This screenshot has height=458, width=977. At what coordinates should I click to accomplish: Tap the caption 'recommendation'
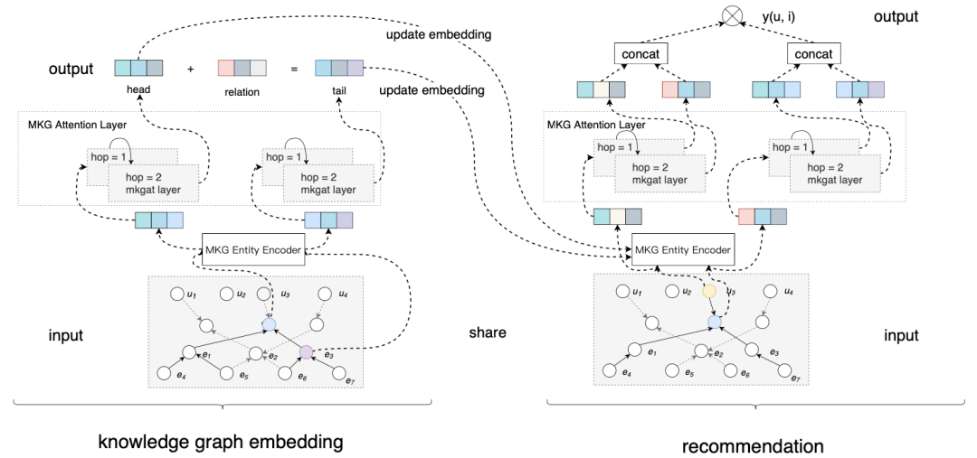(753, 445)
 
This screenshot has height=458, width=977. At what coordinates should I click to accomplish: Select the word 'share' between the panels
(487, 332)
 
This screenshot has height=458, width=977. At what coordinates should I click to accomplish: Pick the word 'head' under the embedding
(138, 91)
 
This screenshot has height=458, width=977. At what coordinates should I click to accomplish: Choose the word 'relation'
(241, 91)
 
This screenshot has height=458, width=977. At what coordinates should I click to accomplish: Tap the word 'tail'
(339, 91)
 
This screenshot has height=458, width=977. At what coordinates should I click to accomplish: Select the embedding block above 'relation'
(242, 68)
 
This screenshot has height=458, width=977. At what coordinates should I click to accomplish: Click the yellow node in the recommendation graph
(708, 292)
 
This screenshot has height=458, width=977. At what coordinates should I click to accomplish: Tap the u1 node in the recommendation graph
(621, 292)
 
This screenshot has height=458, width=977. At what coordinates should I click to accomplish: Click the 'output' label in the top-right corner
(896, 16)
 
